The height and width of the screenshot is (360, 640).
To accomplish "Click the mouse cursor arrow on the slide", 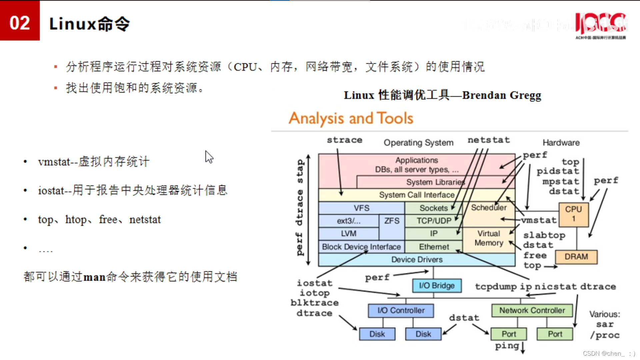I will coord(209,157).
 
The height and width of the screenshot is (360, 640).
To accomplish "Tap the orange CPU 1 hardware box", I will coord(573,214).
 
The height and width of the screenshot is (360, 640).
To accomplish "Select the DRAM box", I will coord(576,257).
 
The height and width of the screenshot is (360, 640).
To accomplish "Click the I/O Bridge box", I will coord(437,286).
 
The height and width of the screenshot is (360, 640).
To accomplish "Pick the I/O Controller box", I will coord(401,310).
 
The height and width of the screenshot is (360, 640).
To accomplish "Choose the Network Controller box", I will coord(532,310).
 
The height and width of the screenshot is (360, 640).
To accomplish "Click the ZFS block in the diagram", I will coord(392,221).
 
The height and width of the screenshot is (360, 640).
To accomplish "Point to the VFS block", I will coord(361,208).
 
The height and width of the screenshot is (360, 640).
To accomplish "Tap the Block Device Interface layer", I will coord(361,247).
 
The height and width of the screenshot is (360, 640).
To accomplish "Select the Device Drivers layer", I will coord(417,259).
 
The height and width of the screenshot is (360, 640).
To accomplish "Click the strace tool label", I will coord(344,140).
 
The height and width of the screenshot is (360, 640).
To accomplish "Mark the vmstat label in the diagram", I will coord(539,220).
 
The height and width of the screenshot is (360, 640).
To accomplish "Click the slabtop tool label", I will coord(544,235).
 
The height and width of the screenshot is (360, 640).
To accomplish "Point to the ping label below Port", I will coord(507,346).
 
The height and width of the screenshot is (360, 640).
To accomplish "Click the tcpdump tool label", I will coord(496,287).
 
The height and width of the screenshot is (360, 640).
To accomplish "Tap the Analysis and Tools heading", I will coord(351,118).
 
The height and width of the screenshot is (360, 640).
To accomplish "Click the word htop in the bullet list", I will coord(76,220).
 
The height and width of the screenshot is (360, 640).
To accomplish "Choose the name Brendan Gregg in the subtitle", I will coord(502,95).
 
